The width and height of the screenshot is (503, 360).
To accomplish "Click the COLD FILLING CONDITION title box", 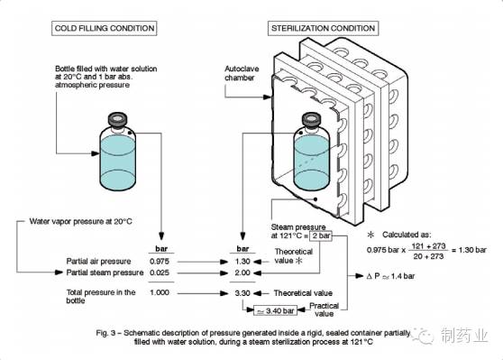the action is click(x=105, y=28).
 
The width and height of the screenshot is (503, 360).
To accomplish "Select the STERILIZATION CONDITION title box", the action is click(x=323, y=28).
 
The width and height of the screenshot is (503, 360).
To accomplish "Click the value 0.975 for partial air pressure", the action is click(x=160, y=262).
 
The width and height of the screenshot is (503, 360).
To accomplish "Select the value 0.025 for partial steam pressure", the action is click(x=160, y=272).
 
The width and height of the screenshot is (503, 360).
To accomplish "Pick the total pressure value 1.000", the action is click(x=160, y=292).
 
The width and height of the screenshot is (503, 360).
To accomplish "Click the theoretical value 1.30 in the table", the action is click(x=242, y=262).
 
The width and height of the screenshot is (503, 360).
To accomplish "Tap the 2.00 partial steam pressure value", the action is click(x=242, y=272).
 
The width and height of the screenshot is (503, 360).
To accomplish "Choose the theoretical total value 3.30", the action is click(x=242, y=293).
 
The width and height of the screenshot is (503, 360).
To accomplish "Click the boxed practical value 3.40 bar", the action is click(x=275, y=310).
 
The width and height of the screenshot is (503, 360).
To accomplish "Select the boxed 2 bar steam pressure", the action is click(x=321, y=235).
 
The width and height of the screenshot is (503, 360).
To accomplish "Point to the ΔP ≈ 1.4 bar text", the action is click(x=390, y=276).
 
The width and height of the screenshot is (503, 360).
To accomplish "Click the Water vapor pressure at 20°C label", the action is click(x=80, y=221).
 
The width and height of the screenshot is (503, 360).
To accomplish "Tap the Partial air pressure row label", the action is click(x=98, y=262).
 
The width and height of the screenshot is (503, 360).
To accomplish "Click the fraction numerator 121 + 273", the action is click(x=428, y=246).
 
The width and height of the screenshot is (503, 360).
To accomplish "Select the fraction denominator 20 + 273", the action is click(x=428, y=256).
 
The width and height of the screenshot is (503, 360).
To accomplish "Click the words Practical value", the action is click(x=324, y=309).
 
